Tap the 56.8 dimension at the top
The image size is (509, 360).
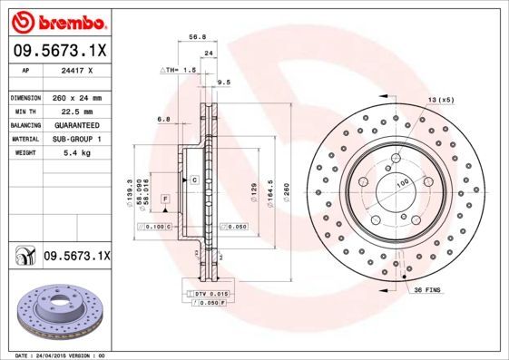tap(194, 38)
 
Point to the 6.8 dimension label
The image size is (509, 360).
tap(164, 119)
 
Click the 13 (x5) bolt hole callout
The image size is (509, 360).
tap(441, 99)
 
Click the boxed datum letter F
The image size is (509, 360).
tap(166, 198)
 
